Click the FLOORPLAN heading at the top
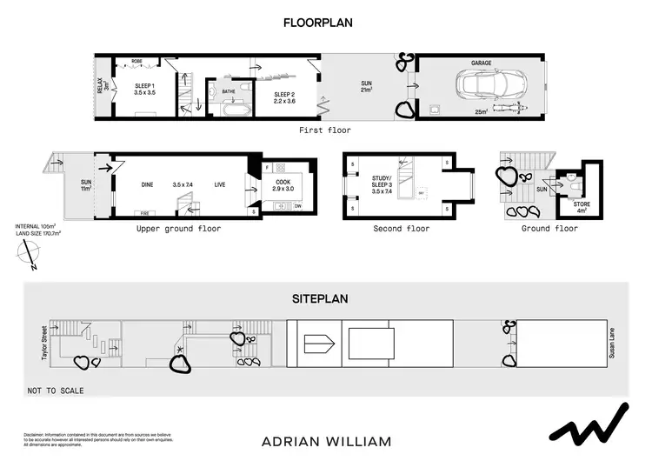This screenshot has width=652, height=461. [318, 23]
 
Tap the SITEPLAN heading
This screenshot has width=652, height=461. [319, 298]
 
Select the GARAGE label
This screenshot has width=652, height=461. [482, 63]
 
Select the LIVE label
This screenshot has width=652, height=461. [220, 184]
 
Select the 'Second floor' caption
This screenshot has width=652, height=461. [402, 229]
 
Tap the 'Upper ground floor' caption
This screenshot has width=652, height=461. [178, 229]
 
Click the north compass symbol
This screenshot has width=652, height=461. [31, 253]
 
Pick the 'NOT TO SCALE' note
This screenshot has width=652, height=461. [56, 391]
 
